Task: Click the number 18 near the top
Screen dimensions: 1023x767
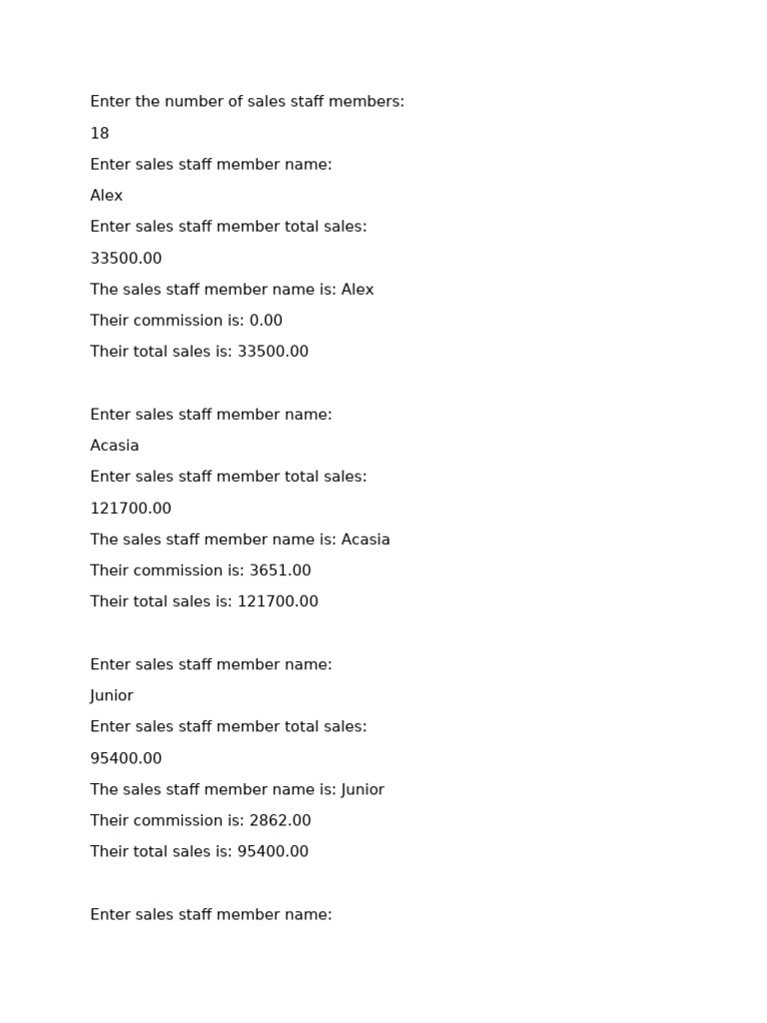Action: [100, 134]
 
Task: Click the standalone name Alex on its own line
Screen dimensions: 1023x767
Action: [107, 196]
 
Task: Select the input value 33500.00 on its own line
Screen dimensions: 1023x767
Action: [126, 259]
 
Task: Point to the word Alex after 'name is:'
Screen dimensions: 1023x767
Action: [358, 290]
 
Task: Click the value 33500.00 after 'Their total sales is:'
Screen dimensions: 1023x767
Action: [273, 352]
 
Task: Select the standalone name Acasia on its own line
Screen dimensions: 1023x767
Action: [115, 446]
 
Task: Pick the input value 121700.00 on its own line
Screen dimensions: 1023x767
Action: [131, 509]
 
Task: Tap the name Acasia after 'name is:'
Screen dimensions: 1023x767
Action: [366, 539]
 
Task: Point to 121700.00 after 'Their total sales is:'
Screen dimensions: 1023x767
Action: [278, 601]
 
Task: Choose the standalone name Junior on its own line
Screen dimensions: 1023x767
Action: [112, 695]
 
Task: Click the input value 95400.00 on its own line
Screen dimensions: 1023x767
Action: [126, 758]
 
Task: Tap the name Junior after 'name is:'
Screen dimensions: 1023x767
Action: [363, 789]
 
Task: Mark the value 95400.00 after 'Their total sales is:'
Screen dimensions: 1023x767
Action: [273, 851]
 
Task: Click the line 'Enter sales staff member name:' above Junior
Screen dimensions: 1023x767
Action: [211, 664]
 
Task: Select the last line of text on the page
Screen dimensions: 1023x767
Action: [211, 914]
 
